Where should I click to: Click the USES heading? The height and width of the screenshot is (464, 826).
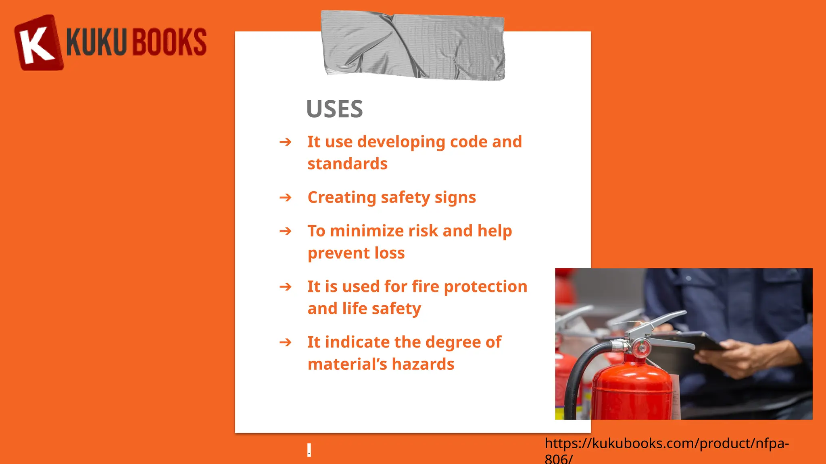334,109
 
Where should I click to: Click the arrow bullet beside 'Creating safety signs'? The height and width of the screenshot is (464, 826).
285,198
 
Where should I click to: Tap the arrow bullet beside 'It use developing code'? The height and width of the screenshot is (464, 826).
285,142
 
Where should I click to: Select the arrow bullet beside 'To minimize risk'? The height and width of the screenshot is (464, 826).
285,231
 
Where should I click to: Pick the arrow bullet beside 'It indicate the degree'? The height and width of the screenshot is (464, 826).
285,342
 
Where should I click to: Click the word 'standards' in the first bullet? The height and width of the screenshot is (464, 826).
347,164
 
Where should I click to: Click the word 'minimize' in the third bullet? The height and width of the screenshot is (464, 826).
367,231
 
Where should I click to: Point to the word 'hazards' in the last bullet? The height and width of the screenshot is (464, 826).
423,364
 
